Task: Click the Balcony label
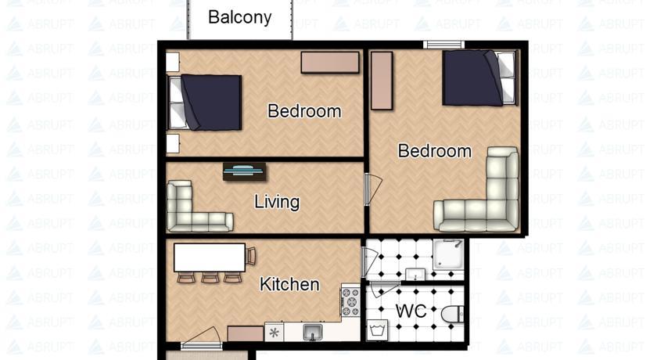point(239,17)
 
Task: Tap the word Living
point(277,203)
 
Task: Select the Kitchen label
point(289,284)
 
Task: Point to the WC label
point(411,311)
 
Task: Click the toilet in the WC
point(453,314)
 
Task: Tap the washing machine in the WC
point(377,330)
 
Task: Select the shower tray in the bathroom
point(448,254)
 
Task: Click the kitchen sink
point(313,332)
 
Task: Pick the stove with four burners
point(350,301)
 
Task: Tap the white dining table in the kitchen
point(210,257)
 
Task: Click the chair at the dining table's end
point(251,256)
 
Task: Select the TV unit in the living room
point(244,171)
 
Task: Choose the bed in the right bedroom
point(480,78)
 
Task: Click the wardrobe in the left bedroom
point(330,62)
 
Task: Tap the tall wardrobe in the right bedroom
point(382,81)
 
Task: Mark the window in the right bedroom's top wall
point(443,45)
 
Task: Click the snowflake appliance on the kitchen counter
point(275,333)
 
